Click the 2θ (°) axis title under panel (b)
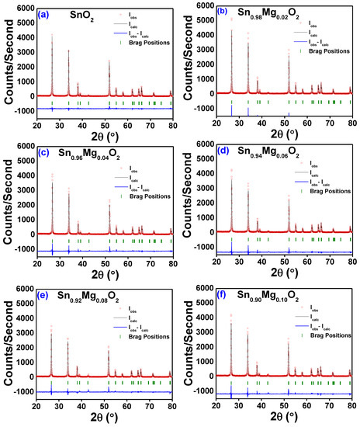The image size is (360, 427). [x=285, y=135]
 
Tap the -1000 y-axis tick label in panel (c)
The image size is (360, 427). [x=23, y=249]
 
